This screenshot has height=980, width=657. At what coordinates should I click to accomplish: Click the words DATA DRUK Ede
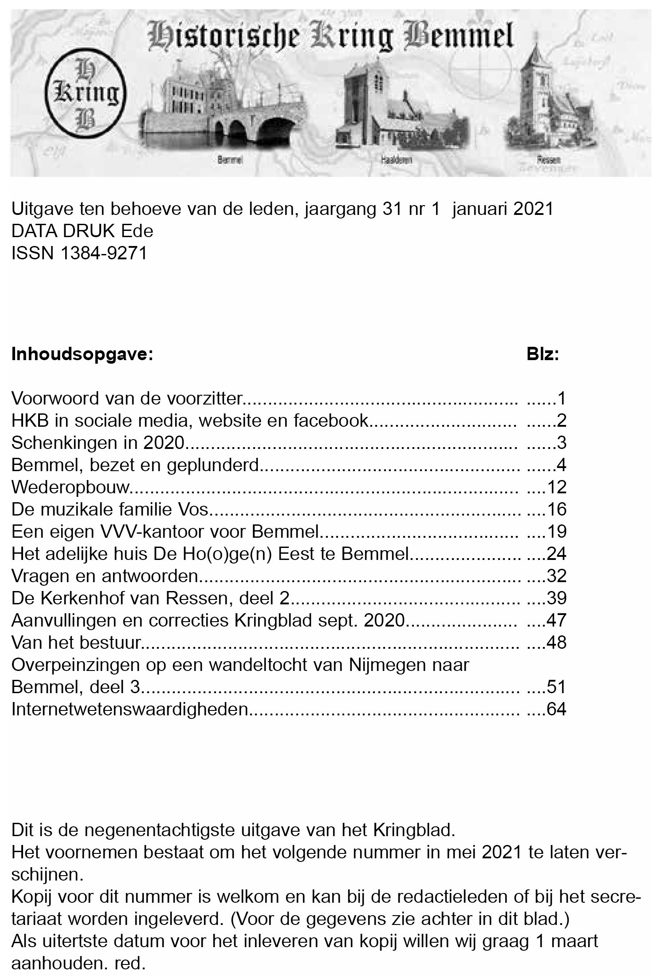pos(82,231)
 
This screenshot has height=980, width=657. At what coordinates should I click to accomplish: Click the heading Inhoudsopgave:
pos(82,355)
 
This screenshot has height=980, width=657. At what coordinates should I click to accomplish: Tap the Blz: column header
pos(542,355)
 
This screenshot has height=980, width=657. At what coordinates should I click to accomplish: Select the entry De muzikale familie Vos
pos(110,509)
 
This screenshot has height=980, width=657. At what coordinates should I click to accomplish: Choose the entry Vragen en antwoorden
pos(104,576)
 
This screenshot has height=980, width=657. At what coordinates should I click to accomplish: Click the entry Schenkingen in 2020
pos(98,443)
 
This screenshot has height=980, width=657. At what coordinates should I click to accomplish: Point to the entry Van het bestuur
pos(76,643)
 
